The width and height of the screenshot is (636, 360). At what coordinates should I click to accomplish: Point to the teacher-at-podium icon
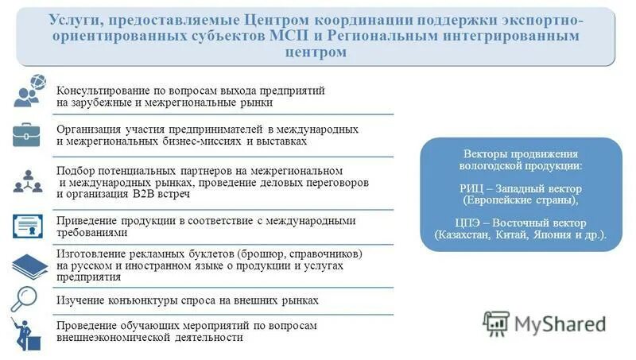tap(28, 335)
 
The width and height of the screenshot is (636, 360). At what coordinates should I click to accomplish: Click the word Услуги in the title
tap(74, 20)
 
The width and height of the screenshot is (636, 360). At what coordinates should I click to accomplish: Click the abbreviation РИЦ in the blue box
tap(473, 189)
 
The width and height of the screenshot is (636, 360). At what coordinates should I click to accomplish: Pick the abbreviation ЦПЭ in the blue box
tap(467, 223)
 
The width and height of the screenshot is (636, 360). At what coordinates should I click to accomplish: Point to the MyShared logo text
tap(560, 323)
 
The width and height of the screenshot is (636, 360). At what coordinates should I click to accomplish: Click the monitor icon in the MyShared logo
tap(496, 323)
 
